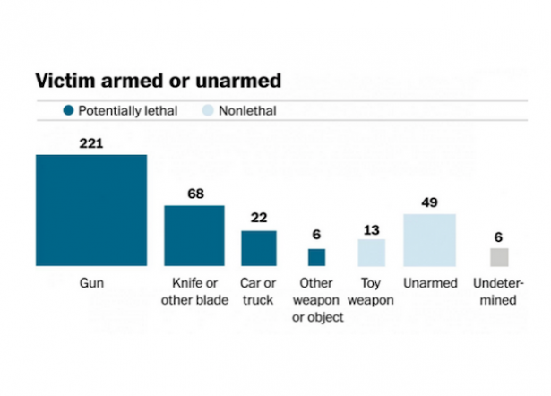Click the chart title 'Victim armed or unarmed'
pos(158,81)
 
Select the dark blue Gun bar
pos(90,211)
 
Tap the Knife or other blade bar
pos(194,236)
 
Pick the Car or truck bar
pos(258,248)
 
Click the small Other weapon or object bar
pos(316,257)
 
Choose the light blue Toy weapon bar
pos(371,253)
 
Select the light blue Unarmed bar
pos(429,239)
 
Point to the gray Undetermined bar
pos(499,257)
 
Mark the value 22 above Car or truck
pos(258,219)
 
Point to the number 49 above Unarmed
pos(429,202)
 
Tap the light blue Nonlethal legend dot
pos(204,111)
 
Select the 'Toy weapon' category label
pos(371,292)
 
